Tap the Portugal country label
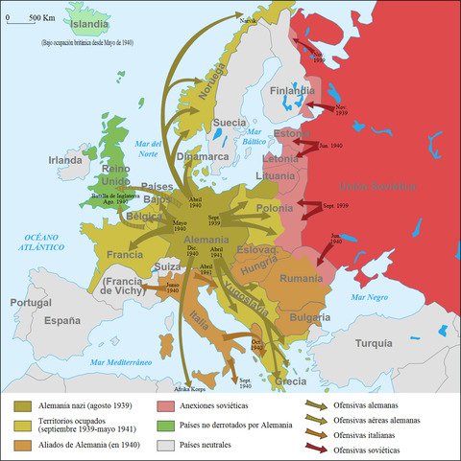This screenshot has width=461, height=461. [x=30, y=303]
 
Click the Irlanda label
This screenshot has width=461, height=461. [x=65, y=160]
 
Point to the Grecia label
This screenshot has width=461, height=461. [x=291, y=380]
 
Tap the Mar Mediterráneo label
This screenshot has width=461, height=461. [x=123, y=362]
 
